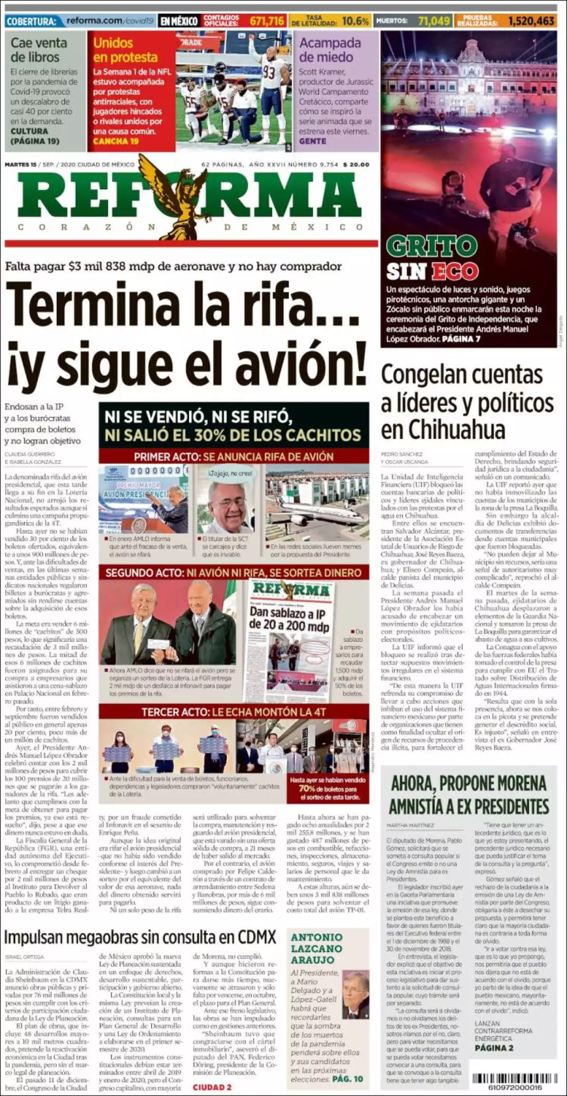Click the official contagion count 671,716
tap(267, 21)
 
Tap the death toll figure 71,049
tap(434, 21)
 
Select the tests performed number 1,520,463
tap(531, 21)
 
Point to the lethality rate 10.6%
tap(355, 21)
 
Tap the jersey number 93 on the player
tap(269, 72)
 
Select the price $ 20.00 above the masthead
tap(356, 165)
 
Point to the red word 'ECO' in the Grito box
tap(455, 272)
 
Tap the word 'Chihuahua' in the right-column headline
tap(443, 430)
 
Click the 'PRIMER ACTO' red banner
tap(233, 456)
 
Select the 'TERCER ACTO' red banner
tap(233, 711)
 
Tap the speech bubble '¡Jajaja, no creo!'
tap(224, 473)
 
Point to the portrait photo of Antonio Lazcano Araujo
tap(355, 990)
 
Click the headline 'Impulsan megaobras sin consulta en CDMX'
tap(140, 937)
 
